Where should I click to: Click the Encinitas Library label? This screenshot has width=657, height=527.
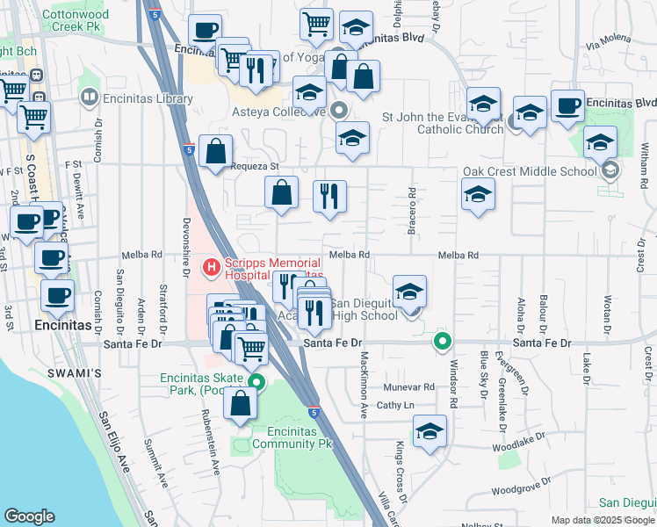[x=148, y=99]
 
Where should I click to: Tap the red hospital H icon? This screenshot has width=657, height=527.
[x=211, y=265]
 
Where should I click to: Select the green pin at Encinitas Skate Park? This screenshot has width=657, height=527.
[x=256, y=382]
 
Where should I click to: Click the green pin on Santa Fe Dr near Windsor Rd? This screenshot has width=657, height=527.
[x=444, y=342]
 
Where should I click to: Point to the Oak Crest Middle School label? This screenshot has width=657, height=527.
[x=531, y=171]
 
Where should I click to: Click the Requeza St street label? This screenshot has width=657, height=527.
[x=254, y=166]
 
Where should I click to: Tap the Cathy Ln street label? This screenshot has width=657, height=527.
[x=394, y=405]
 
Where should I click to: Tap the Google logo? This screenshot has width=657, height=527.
[x=29, y=516]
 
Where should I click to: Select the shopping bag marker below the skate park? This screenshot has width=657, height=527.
[x=240, y=404]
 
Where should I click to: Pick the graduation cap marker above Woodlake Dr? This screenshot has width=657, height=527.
[x=430, y=431]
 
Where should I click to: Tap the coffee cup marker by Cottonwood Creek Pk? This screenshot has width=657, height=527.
[x=205, y=31]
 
